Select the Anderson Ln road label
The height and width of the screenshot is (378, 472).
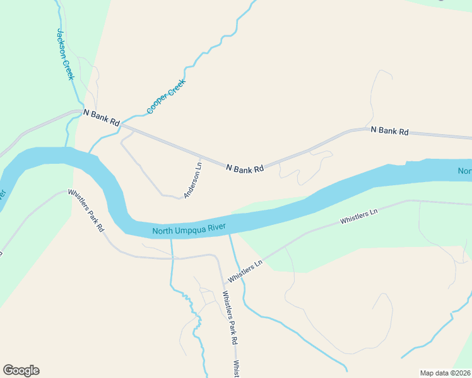point(192,181)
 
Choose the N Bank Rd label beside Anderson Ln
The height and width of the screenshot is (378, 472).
point(244,168)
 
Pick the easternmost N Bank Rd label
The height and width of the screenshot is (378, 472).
point(389,131)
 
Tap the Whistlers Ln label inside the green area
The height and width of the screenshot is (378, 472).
point(358,218)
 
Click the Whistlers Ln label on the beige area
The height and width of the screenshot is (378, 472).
point(245,272)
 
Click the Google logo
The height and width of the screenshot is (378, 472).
point(21,370)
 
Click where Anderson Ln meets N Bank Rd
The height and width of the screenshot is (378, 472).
point(200,157)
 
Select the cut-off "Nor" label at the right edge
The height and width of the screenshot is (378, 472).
point(464,171)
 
